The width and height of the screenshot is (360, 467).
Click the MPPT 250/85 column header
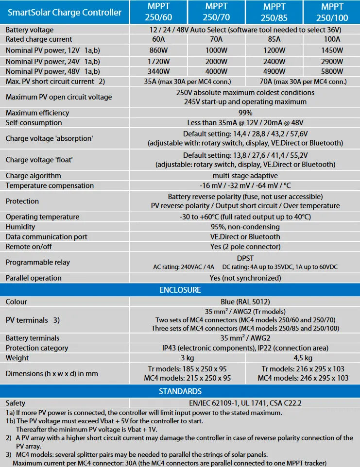tap(274, 12)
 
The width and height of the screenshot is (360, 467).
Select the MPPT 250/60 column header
tap(158, 12)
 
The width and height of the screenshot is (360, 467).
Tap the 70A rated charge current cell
tap(216, 39)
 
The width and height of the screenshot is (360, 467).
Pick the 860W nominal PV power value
tap(158, 50)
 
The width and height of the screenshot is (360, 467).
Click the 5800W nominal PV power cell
tap(332, 72)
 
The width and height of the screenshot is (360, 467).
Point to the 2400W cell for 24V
tap(274, 61)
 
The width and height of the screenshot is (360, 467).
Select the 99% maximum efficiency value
tap(245, 113)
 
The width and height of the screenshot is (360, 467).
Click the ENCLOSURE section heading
tap(180, 290)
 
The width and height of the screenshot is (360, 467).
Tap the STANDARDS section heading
tap(180, 391)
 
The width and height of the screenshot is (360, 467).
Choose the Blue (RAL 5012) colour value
tap(245, 301)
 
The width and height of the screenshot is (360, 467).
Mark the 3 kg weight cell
tap(187, 358)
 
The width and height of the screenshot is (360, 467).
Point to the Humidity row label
tap(20, 227)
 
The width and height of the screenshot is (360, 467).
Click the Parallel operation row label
tap(34, 278)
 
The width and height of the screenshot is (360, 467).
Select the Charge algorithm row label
tap(34, 176)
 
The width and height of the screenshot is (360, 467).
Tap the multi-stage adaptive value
tap(245, 176)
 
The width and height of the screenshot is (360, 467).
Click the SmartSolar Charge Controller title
tap(65, 12)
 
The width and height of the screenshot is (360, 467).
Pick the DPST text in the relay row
tap(245, 258)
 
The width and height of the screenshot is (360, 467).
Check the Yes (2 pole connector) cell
tap(245, 247)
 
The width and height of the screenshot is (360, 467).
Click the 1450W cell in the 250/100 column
tap(332, 50)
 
